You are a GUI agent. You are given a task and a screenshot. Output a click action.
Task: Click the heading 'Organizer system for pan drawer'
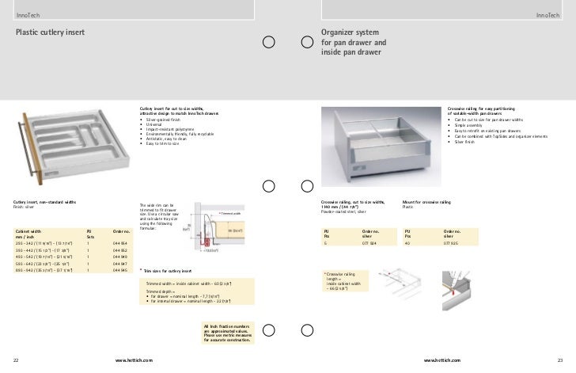354,41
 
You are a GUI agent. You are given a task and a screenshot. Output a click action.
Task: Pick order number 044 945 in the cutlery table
119,271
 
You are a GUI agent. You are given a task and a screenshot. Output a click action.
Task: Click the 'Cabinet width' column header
28,232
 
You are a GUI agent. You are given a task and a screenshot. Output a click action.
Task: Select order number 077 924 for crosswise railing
369,242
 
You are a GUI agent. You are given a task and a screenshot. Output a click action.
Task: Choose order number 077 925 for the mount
452,242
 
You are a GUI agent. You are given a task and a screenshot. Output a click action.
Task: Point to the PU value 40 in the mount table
407,242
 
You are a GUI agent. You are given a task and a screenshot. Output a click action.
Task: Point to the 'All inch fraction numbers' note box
227,330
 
